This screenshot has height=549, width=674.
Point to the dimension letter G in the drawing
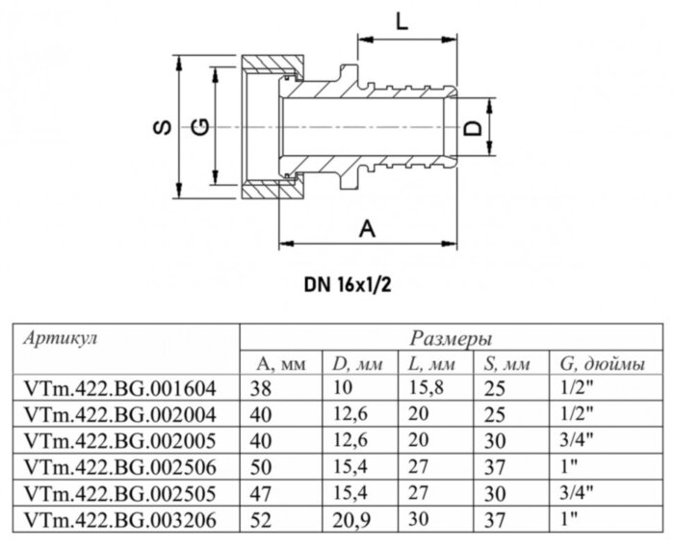tap(200, 129)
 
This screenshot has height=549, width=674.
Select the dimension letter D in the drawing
tap(473, 129)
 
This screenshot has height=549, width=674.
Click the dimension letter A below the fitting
tap(367, 228)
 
